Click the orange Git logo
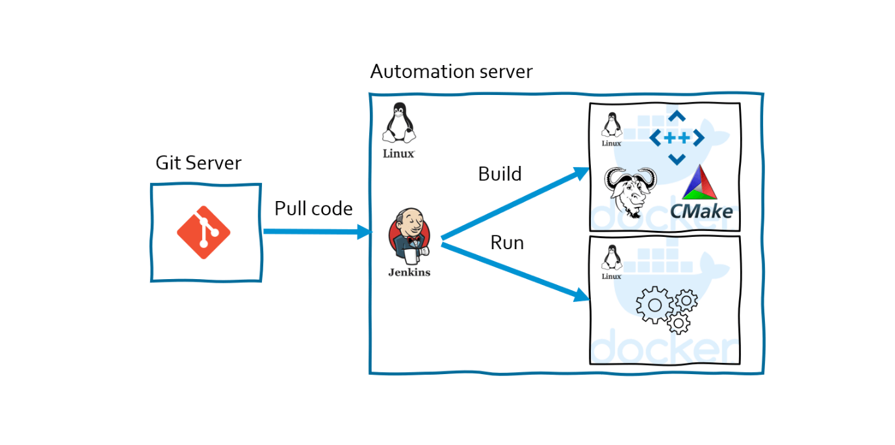tap(203, 232)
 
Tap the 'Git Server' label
tap(198, 163)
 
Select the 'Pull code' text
tap(313, 209)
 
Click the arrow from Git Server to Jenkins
tap(315, 232)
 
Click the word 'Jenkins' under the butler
tap(409, 273)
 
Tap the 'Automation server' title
tap(451, 72)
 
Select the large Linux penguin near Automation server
tap(398, 124)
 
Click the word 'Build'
tap(500, 174)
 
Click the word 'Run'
tap(507, 243)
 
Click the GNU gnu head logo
tap(630, 192)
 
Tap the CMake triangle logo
tap(699, 183)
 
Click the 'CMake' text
tap(701, 211)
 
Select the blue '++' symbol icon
tap(677, 138)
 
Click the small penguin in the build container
tap(611, 126)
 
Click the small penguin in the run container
tap(611, 258)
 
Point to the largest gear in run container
tap(655, 305)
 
